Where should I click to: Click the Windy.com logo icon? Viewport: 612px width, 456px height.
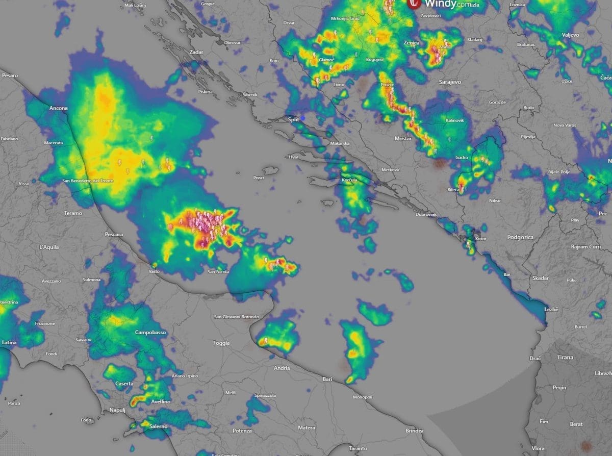coord(414,4)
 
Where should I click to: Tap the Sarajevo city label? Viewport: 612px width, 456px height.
coord(450,82)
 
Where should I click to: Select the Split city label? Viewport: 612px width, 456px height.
coord(293,119)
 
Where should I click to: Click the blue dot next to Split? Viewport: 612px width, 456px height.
coord(303,118)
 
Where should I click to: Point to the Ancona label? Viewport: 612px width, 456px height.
coord(58,108)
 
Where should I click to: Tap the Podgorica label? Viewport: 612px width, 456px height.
coord(520,238)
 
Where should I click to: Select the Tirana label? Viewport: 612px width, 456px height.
coord(565,358)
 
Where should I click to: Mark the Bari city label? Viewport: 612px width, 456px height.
coord(327,379)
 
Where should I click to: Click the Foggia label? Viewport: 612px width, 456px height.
coord(221,343)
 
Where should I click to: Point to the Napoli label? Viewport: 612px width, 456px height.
coord(117,411)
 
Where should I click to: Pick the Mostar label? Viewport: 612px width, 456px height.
coord(403,139)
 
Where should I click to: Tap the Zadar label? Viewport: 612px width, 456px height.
coord(196,52)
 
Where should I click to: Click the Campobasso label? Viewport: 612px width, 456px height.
coord(150,333)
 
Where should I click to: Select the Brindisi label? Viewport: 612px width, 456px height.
coord(415,431)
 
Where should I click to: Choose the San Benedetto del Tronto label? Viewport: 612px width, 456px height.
coord(88,181)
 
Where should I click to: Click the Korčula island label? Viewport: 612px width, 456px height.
coord(349,180)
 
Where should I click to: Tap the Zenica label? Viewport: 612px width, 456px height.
coord(411,43)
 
